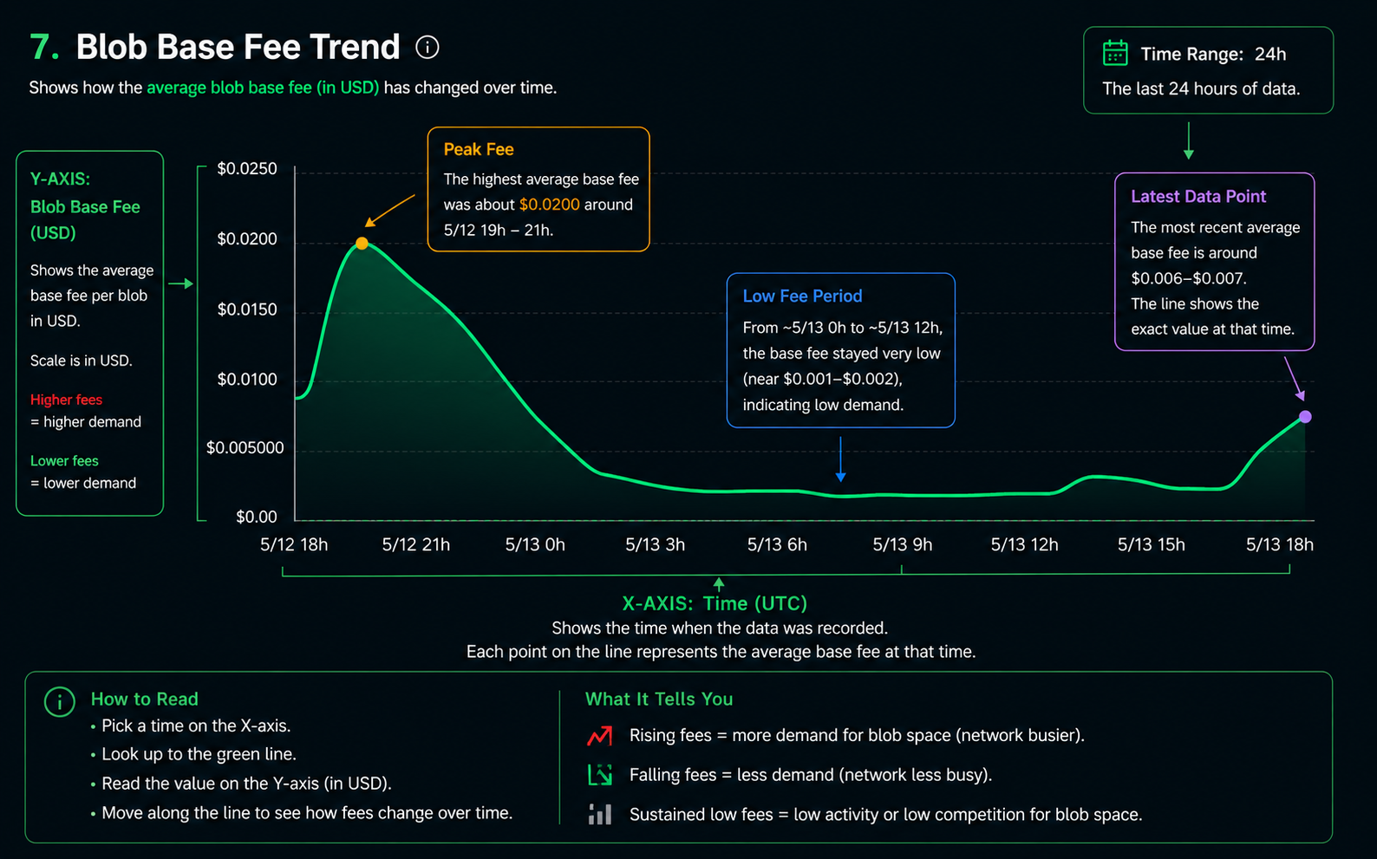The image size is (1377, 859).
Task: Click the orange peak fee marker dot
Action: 362,244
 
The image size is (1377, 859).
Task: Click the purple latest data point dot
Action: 1305,417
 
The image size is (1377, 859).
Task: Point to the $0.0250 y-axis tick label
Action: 247,168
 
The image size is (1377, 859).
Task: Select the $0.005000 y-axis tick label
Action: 245,447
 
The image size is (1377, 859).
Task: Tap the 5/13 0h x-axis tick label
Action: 535,544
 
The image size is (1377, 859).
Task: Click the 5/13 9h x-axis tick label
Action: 903,544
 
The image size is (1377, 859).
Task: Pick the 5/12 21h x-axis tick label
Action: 416,544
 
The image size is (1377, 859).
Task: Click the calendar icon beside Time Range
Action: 1115,53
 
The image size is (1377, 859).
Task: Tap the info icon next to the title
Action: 427,47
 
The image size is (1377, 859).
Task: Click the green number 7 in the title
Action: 43,47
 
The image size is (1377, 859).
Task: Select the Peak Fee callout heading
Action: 479,149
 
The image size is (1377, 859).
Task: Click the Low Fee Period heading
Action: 802,296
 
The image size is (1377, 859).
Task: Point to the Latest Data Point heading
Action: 1198,197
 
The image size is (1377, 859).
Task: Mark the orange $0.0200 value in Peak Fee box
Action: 549,205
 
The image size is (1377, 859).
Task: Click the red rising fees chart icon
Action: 599,736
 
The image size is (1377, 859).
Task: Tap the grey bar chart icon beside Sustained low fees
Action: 599,814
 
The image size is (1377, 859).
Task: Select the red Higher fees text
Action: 67,400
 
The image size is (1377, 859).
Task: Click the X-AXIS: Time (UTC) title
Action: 715,603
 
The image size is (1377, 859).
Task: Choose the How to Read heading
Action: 145,700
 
